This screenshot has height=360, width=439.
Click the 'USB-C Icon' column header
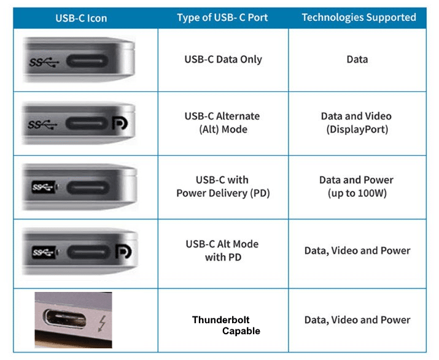(x=80, y=18)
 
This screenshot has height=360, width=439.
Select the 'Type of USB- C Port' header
(x=222, y=17)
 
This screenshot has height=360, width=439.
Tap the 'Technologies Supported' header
(x=359, y=17)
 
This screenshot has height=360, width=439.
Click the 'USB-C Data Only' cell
(x=223, y=59)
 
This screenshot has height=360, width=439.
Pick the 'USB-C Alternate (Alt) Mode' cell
(x=222, y=123)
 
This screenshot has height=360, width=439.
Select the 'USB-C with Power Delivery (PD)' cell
(x=223, y=186)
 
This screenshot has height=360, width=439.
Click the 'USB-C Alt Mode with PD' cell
(x=222, y=250)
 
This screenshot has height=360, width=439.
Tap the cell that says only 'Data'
(x=357, y=59)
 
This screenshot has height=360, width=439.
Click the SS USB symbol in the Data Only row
(x=44, y=61)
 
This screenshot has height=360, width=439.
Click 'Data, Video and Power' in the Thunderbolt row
(x=357, y=320)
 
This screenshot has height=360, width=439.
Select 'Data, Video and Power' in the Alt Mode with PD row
(x=357, y=250)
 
